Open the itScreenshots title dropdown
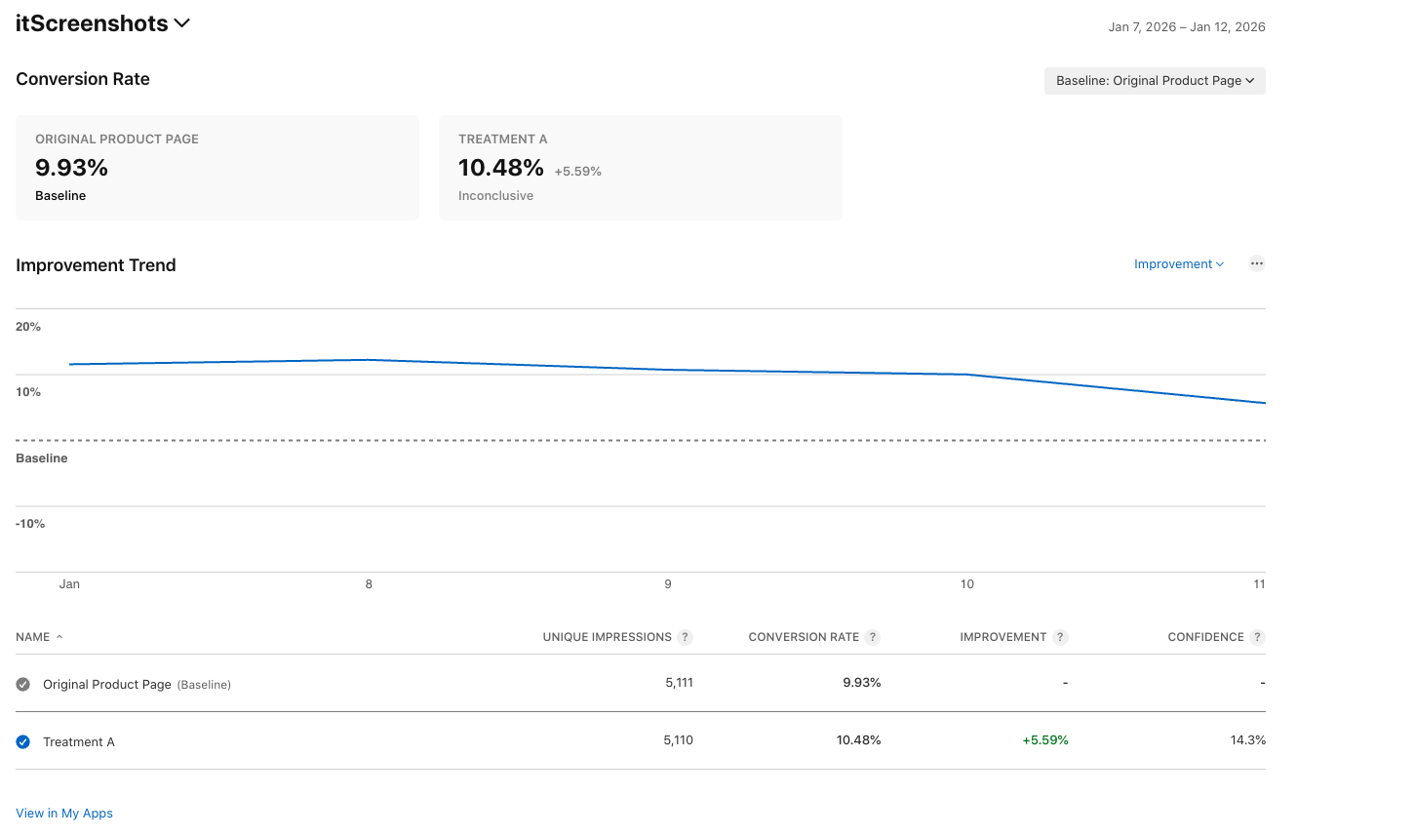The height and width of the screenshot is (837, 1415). [x=181, y=23]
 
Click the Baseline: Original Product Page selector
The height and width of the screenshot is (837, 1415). [x=1155, y=81]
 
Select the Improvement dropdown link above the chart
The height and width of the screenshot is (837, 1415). [x=1178, y=264]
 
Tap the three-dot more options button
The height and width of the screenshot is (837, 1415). [x=1257, y=263]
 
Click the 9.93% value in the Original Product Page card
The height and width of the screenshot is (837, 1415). [x=71, y=168]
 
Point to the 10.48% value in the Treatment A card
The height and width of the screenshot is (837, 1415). [x=501, y=168]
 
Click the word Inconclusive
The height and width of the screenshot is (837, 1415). [x=495, y=196]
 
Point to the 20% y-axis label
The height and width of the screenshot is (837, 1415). [x=28, y=327]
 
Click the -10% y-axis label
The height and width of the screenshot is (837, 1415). [x=30, y=524]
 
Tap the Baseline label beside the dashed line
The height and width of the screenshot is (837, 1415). [x=42, y=458]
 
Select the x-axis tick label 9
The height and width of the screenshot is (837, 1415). [x=668, y=584]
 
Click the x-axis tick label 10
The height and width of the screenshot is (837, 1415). [x=967, y=584]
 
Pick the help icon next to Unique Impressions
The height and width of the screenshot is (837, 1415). [x=686, y=637]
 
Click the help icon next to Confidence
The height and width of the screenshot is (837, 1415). [x=1258, y=637]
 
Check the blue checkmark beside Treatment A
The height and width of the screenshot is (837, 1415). [x=23, y=742]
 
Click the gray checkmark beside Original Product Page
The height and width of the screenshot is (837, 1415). [x=23, y=685]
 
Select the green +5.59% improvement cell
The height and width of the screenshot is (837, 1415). [x=1044, y=740]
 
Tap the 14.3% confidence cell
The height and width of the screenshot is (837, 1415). [x=1247, y=740]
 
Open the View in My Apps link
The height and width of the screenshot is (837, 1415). [x=64, y=814]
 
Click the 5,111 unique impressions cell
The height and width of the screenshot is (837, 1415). [x=679, y=683]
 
